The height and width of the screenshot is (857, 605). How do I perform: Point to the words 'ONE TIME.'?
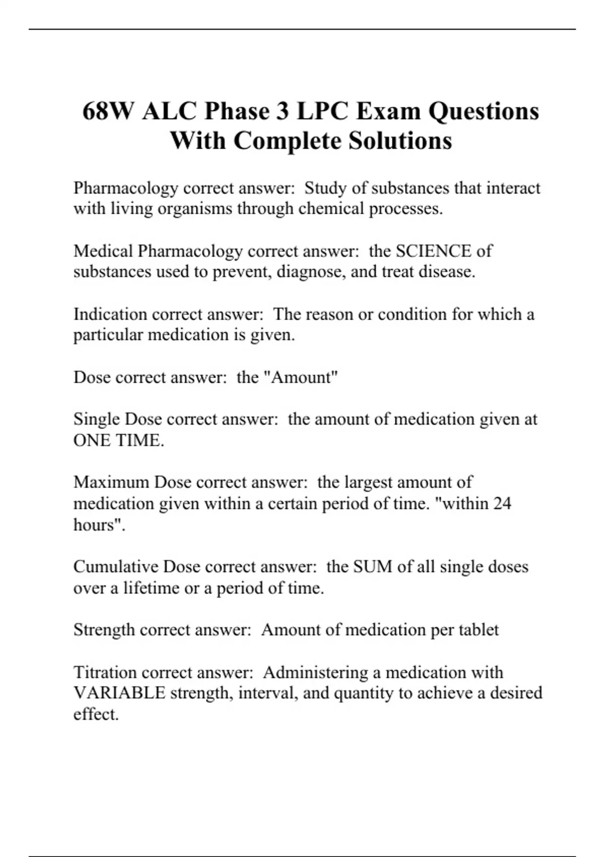coord(119,441)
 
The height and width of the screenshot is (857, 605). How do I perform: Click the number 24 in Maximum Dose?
coord(502,504)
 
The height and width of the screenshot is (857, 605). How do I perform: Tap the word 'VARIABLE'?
coord(119,693)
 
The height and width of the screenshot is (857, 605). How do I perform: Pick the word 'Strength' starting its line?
coord(104,630)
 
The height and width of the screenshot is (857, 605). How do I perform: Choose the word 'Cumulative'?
coord(115,567)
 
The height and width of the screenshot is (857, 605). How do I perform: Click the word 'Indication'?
coord(110,315)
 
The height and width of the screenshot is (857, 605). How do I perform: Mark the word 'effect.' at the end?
coord(96,714)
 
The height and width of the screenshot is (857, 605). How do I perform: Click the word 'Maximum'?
coord(111,482)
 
